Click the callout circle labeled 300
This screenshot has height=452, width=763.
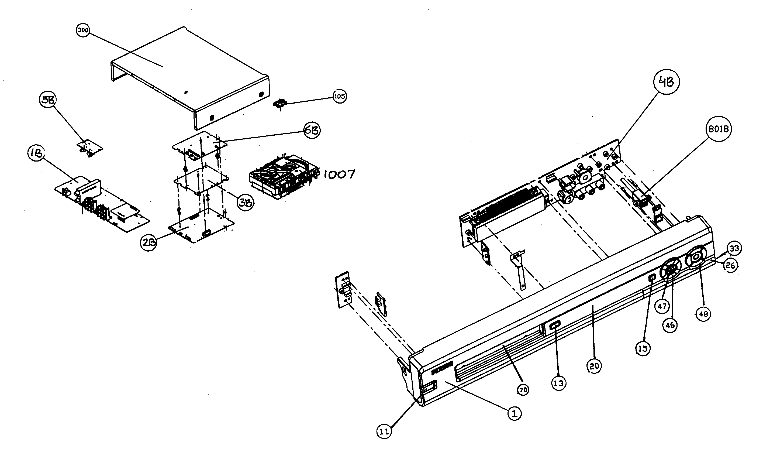[82, 31]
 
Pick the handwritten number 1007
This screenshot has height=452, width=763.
[339, 174]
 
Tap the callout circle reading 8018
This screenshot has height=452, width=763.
[718, 129]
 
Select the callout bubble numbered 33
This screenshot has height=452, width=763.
[734, 248]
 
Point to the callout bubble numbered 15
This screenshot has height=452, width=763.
[643, 349]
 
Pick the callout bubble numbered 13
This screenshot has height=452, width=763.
[558, 383]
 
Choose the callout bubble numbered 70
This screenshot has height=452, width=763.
[523, 390]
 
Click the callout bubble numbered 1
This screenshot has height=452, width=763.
[514, 414]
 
